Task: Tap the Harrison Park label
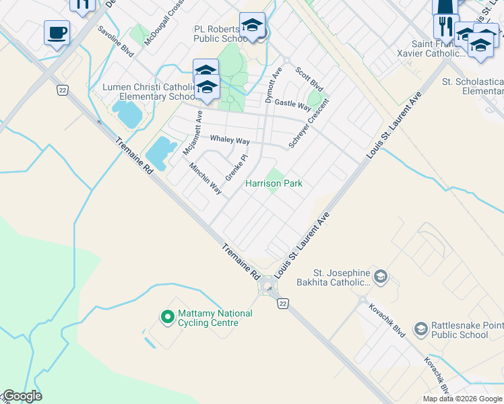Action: [274, 183]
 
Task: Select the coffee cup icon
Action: [57, 32]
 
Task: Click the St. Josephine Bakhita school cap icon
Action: [380, 276]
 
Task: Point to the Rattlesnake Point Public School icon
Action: [421, 329]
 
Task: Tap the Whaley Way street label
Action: [230, 140]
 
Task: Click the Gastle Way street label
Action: [293, 105]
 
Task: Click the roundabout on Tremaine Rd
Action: [268, 288]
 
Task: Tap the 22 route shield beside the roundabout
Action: [284, 304]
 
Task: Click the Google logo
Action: [22, 396]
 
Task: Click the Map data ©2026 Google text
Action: [462, 399]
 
